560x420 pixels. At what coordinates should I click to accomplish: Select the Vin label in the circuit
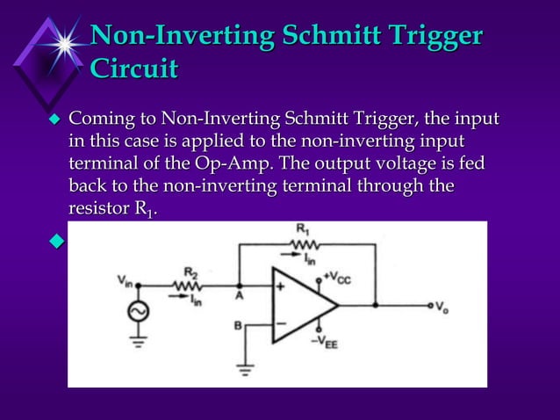(x=124, y=279)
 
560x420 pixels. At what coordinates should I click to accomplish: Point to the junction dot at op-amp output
(x=376, y=306)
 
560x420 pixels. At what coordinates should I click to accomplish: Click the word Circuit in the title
(x=134, y=69)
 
